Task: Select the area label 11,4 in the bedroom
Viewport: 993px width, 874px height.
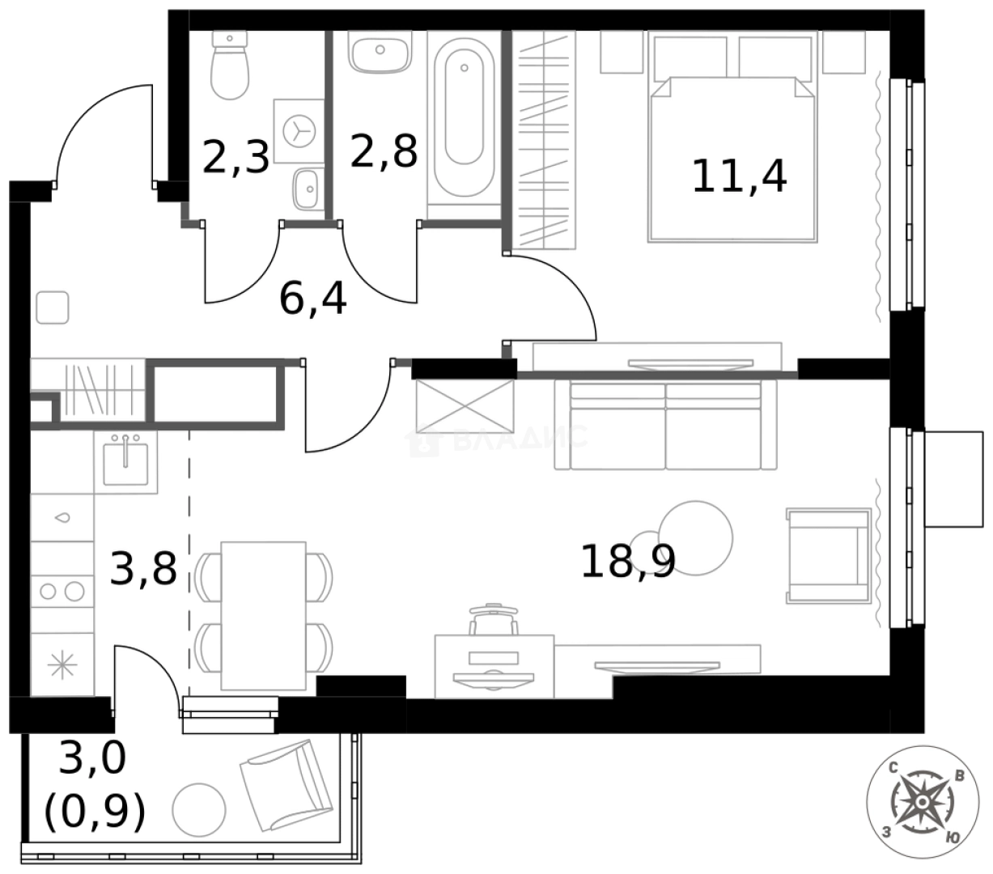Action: [739, 176]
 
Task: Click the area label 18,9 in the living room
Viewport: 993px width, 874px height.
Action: [628, 561]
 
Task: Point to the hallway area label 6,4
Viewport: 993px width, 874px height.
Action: [312, 299]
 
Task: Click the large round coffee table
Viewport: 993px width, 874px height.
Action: [695, 537]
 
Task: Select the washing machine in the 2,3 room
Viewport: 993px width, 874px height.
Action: [298, 130]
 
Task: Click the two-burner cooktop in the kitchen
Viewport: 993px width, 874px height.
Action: [62, 591]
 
